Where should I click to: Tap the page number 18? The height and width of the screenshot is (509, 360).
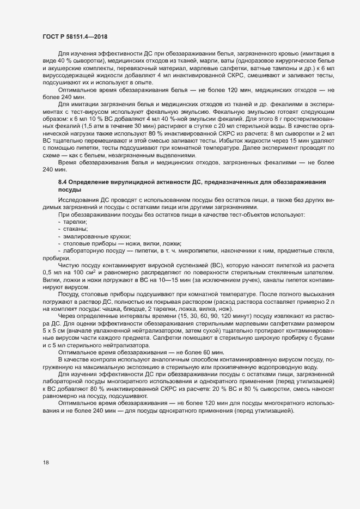pyautogui.click(x=46, y=463)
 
